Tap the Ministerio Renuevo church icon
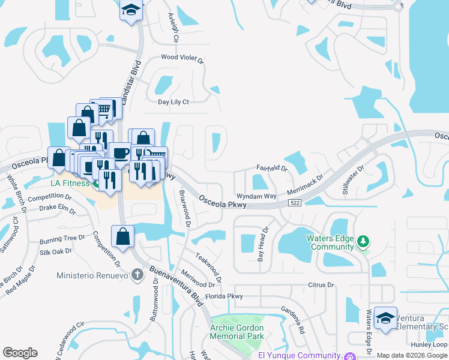click(x=137, y=276)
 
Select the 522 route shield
click(x=294, y=204)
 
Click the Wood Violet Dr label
click(x=182, y=59)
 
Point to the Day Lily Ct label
click(x=173, y=102)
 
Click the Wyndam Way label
click(x=256, y=196)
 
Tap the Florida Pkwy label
click(x=224, y=296)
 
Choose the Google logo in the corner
click(x=20, y=353)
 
